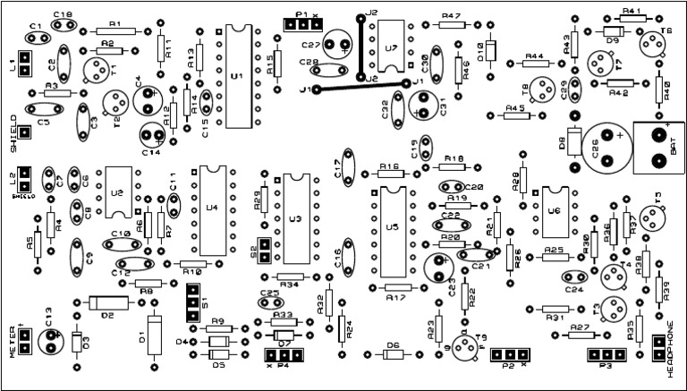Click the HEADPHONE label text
671,350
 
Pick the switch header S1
192,302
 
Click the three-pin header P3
605,355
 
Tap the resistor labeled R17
394,287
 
